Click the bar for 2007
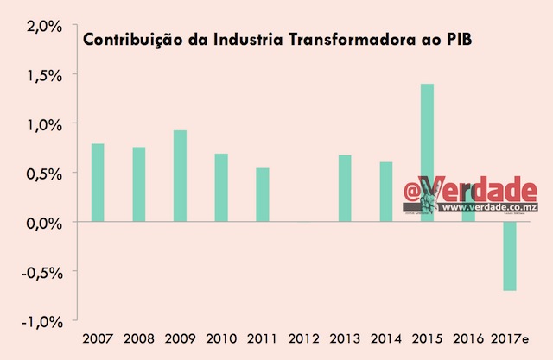(x=98, y=183)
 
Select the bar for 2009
(x=180, y=176)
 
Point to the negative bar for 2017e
(x=509, y=256)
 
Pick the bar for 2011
(x=262, y=195)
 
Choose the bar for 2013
(x=344, y=188)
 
